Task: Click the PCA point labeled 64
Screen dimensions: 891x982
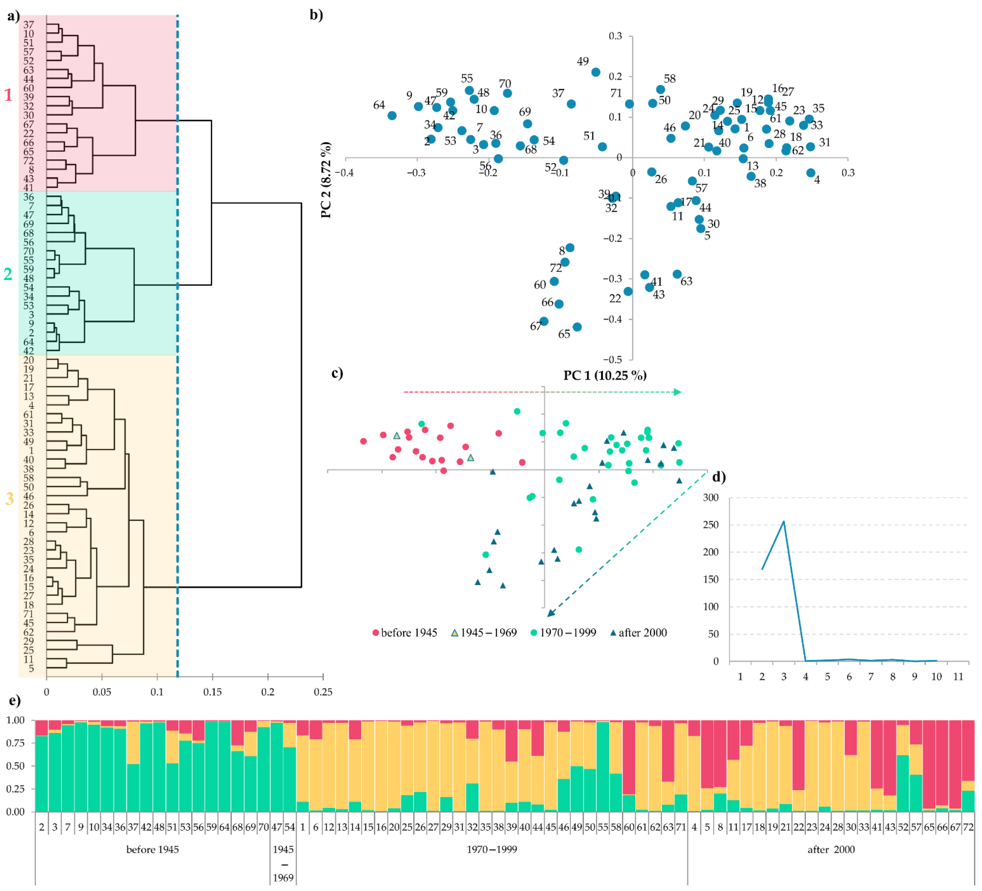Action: coord(392,116)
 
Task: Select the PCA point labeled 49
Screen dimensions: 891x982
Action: coord(596,72)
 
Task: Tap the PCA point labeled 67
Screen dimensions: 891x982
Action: coord(544,321)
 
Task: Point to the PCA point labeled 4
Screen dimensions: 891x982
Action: coord(811,173)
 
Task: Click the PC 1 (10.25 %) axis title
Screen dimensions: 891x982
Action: coord(605,375)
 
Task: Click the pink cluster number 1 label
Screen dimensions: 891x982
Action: coord(8,95)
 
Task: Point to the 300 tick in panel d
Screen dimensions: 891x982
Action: coord(711,498)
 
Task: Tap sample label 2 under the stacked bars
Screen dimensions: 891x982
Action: coord(42,827)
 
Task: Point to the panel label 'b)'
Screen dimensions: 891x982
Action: coord(317,15)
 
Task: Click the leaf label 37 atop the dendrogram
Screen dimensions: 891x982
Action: coord(29,25)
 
